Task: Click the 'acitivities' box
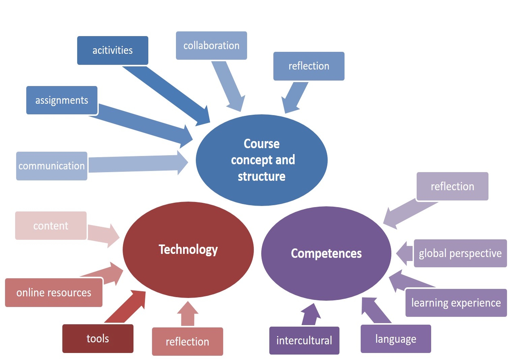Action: (113, 50)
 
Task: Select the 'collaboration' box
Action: (211, 46)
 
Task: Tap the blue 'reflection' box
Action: (309, 66)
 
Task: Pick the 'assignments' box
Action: (62, 100)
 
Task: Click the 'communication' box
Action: (52, 166)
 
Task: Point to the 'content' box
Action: (51, 226)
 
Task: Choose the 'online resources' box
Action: (54, 292)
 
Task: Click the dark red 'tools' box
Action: (98, 339)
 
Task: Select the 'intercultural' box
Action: (304, 340)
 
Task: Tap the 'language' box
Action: (396, 339)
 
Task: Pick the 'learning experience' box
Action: (456, 303)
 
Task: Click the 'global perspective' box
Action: (460, 253)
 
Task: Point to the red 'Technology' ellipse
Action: (188, 249)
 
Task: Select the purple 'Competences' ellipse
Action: (326, 253)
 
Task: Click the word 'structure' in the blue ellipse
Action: (262, 177)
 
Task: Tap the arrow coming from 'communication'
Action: (136, 163)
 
